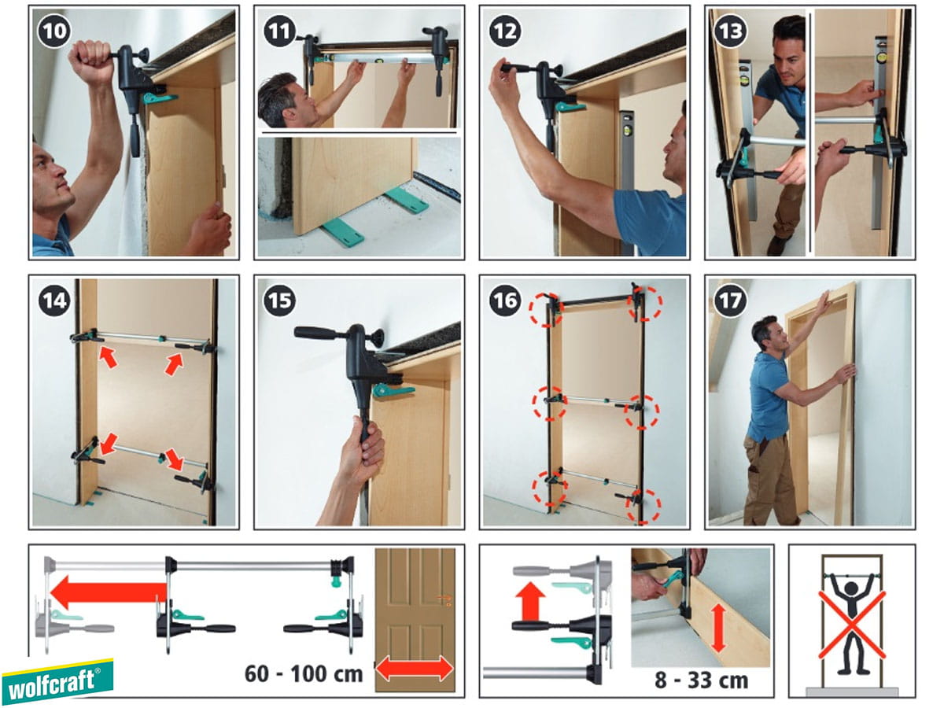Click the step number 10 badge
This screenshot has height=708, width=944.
tap(53, 31)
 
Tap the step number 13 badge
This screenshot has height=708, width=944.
tap(730, 31)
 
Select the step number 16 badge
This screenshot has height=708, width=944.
tap(505, 300)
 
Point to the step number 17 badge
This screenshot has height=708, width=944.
tap(730, 300)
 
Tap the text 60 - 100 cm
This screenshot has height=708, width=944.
tap(304, 673)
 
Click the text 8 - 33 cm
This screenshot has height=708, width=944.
tap(701, 680)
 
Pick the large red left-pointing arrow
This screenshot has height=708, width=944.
tap(109, 592)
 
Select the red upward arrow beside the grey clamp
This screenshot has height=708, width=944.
tap(530, 601)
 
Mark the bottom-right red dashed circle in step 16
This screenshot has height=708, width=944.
tap(643, 507)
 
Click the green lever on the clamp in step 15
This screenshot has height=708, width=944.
tap(393, 391)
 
